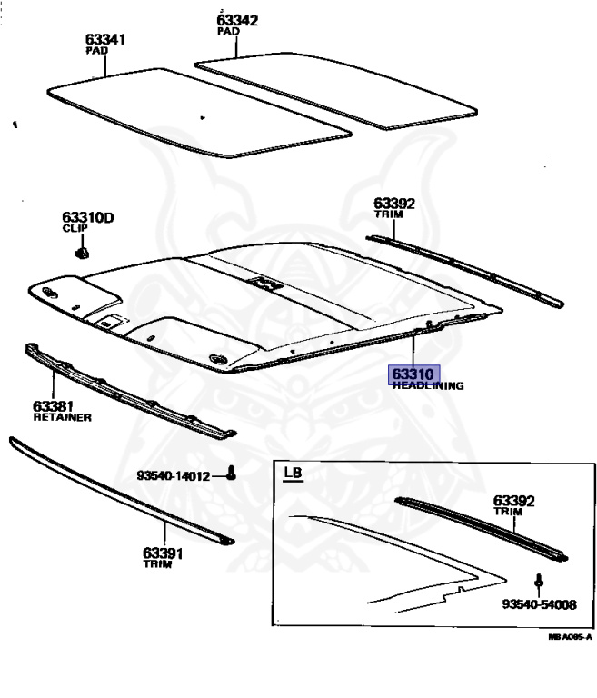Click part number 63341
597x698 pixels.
tap(105, 39)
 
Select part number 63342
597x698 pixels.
tap(236, 19)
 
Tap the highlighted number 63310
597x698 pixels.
tap(414, 374)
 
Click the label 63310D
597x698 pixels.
tap(87, 218)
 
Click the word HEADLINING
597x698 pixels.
tap(428, 386)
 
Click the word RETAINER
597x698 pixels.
tap(61, 418)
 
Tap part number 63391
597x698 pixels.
tap(162, 553)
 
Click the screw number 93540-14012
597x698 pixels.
tap(174, 475)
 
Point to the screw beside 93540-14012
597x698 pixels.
tap(232, 473)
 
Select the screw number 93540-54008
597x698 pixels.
tap(539, 603)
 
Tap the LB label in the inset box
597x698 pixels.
tap(293, 474)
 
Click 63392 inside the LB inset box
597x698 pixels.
tap(513, 501)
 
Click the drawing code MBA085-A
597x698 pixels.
tap(570, 637)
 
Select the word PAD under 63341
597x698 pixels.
tap(96, 51)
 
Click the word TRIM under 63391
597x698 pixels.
tap(152, 564)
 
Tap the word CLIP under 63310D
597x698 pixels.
tap(74, 230)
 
